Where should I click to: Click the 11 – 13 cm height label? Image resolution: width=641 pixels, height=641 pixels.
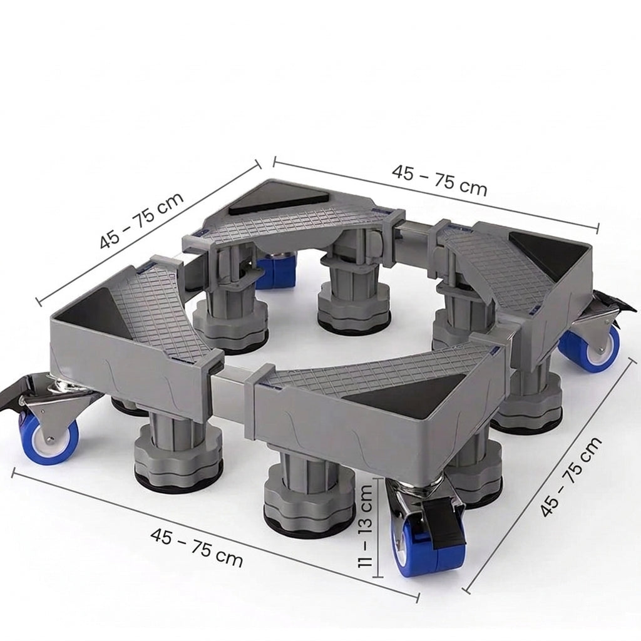click(x=365, y=525)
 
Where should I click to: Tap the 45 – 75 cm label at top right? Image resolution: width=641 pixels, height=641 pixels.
click(x=439, y=180)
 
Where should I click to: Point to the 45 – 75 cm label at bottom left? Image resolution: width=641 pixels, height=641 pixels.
click(x=197, y=547)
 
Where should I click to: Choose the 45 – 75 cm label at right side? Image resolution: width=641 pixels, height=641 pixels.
click(x=571, y=476)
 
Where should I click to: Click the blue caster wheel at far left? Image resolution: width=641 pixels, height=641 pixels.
click(x=49, y=438)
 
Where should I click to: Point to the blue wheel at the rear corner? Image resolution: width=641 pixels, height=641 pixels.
click(x=276, y=270)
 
